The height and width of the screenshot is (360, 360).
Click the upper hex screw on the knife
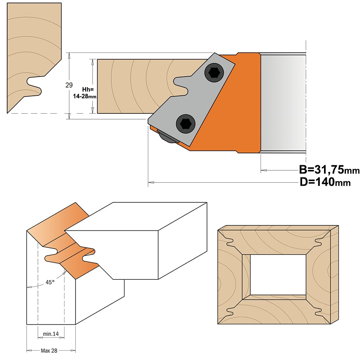pyautogui.click(x=214, y=73)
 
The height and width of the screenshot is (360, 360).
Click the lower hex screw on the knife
pyautogui.click(x=185, y=124)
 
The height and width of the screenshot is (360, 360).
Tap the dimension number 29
pyautogui.click(x=69, y=85)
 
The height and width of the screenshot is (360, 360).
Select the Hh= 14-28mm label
pyautogui.click(x=85, y=93)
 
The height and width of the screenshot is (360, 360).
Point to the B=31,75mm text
pyautogui.click(x=329, y=170)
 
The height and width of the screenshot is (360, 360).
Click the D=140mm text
pyautogui.click(x=325, y=182)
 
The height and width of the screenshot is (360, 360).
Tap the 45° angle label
pyautogui.click(x=50, y=282)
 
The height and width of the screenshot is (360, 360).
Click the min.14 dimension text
pyautogui.click(x=51, y=334)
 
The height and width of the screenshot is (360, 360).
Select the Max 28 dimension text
pyautogui.click(x=49, y=351)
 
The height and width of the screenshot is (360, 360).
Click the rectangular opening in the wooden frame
pyautogui.click(x=278, y=275)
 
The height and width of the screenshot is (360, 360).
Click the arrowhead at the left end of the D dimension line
pyautogui.click(x=151, y=183)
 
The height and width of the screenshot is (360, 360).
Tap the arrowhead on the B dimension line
pyautogui.click(x=264, y=171)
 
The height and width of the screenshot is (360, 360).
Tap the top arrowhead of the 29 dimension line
pyautogui.click(x=69, y=55)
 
